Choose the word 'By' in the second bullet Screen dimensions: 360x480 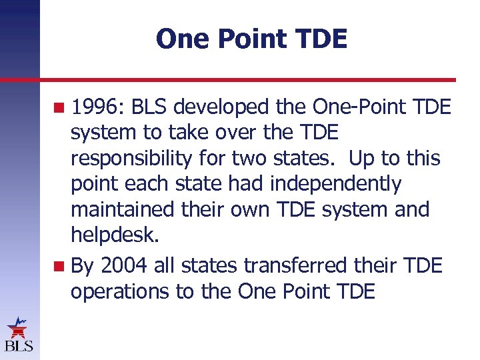coord(83,266)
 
